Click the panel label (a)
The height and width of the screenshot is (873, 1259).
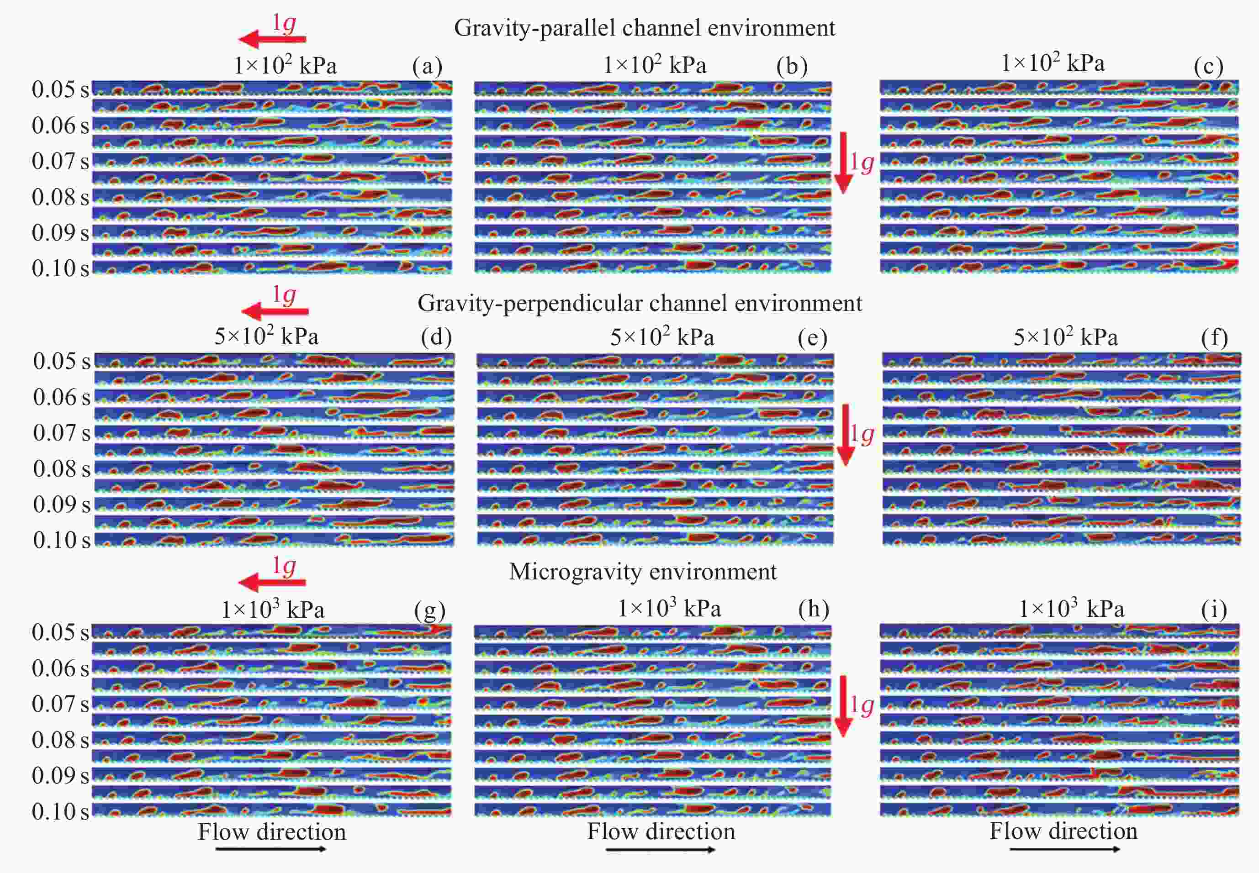(427, 67)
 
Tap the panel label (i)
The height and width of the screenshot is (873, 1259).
(1214, 610)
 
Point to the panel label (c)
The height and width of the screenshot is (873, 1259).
(1209, 67)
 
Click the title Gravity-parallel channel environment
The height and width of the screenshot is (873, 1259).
(645, 28)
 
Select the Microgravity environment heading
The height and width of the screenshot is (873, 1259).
(642, 572)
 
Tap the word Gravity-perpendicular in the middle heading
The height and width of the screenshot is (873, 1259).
(525, 303)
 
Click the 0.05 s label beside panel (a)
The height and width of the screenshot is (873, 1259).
(60, 89)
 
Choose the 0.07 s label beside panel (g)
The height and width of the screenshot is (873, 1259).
(60, 704)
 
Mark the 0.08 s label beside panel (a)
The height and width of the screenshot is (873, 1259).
(60, 197)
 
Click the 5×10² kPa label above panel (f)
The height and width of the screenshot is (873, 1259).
(1065, 337)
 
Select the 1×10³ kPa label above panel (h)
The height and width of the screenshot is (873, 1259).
(669, 608)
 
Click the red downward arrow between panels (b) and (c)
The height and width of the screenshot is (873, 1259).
(843, 163)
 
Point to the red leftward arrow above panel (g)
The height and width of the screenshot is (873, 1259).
(272, 582)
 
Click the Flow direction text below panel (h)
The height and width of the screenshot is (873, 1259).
(661, 831)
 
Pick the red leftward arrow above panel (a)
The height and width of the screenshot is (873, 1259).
(272, 39)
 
